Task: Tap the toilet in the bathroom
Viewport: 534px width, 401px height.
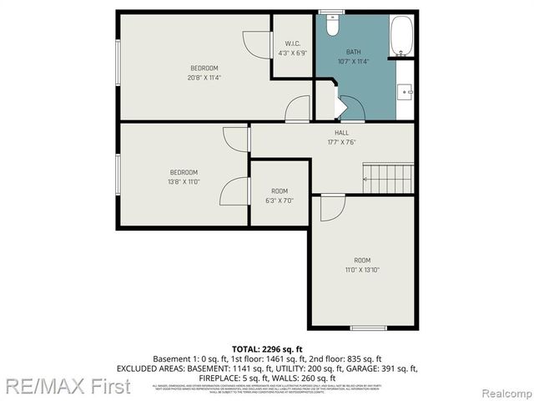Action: (332, 27)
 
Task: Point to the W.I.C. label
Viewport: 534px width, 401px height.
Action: (292, 43)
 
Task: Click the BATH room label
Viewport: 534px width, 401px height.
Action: (354, 51)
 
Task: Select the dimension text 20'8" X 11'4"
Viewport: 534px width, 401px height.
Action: (204, 78)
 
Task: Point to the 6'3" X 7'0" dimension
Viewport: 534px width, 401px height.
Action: (280, 200)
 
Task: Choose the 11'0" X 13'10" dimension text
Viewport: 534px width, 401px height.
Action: (362, 270)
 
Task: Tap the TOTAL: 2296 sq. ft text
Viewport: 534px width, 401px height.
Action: (267, 348)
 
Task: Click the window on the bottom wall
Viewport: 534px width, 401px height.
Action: (368, 327)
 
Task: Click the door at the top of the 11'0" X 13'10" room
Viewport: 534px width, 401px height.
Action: (331, 207)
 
